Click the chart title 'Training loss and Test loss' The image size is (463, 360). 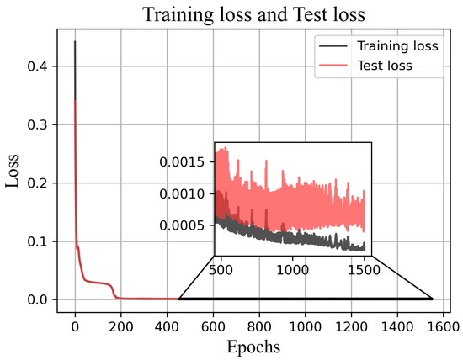[253, 14]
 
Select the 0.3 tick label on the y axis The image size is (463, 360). [40, 124]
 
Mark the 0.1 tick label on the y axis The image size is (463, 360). [40, 241]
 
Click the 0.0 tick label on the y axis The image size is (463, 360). [40, 299]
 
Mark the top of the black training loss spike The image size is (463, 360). [75, 41]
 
